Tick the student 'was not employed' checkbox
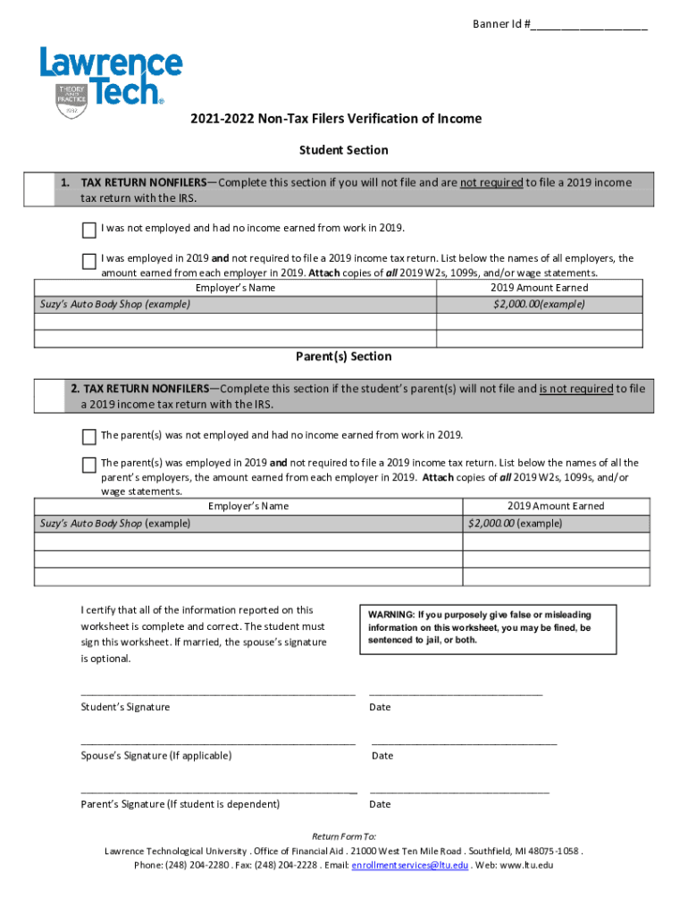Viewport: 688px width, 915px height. pos(89,231)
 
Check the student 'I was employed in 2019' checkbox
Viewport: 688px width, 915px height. pos(89,262)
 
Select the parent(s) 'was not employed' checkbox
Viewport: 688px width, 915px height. pos(89,437)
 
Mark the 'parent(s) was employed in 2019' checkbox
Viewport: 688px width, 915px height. pos(89,466)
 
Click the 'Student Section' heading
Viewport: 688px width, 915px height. pos(343,150)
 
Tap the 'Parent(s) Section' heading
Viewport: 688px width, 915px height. pos(343,357)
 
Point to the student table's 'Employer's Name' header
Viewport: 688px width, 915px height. pos(235,288)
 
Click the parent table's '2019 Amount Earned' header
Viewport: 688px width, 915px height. pos(556,506)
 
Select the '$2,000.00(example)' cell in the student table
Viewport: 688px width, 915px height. pos(539,304)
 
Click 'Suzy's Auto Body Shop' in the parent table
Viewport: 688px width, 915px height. pos(90,523)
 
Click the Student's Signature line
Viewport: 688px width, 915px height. pos(218,693)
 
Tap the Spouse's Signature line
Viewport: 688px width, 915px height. pos(218,742)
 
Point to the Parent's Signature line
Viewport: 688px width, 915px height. pos(218,791)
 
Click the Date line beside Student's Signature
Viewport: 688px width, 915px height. pos(455,693)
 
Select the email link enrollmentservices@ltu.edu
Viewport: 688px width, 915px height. pos(409,866)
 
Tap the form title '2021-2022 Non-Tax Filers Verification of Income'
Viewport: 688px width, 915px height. pos(335,119)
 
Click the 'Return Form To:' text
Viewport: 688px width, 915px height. pos(343,836)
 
